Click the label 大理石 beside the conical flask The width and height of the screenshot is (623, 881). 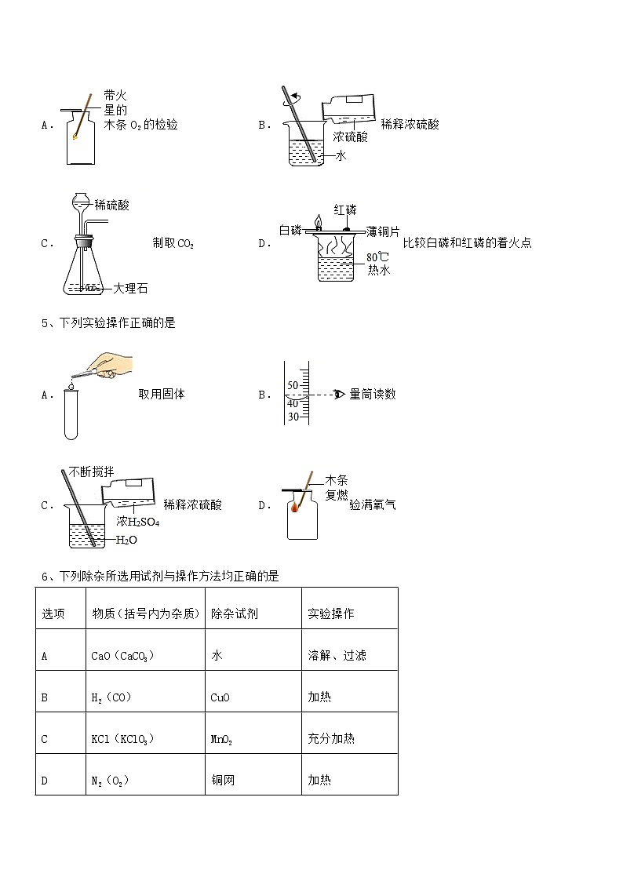tap(130, 289)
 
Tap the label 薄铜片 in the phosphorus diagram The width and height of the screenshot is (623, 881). tap(383, 231)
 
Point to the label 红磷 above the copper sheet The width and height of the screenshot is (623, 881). tap(345, 209)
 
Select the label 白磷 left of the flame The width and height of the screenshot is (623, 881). tap(290, 230)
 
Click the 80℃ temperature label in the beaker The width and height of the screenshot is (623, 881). tap(377, 257)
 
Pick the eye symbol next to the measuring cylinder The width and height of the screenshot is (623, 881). tap(339, 394)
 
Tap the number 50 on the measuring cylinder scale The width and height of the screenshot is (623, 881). tap(293, 385)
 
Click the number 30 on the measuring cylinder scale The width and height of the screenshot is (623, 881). tap(293, 417)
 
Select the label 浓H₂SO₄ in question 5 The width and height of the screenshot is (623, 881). tap(137, 522)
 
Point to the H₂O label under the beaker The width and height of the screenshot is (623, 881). tap(126, 540)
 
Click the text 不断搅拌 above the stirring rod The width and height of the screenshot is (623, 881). tap(91, 471)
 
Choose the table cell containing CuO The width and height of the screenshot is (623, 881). tap(220, 697)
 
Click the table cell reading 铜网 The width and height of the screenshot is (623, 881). tap(223, 780)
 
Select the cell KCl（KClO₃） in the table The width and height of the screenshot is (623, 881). tap(123, 738)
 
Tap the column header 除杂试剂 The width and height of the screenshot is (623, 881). tap(234, 613)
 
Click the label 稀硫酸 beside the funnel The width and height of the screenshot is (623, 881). tap(111, 206)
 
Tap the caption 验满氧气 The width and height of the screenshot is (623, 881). tap(373, 504)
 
